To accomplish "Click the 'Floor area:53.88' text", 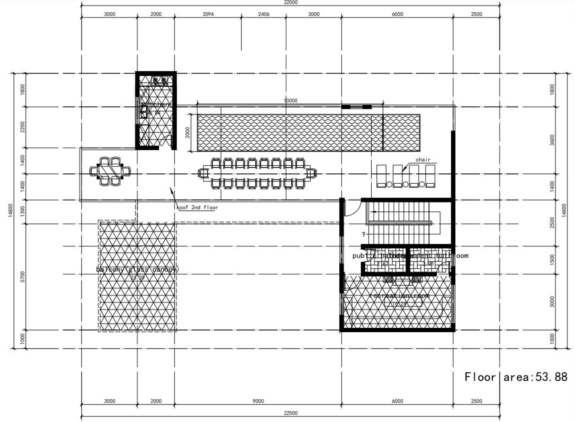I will pos(516,377).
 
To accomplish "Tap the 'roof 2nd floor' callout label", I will pos(197,207).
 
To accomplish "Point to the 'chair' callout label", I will pos(423,160).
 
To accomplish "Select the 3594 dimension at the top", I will pos(208,14).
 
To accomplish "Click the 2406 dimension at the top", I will pos(264,14).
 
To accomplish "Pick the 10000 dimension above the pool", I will pos(290,100).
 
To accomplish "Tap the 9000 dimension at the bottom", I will pos(258,401).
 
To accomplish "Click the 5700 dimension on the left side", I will pos(23,277).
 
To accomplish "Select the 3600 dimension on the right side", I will pos(552,140).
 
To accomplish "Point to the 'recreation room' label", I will pos(399,295).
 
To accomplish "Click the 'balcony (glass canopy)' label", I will pos(137,269).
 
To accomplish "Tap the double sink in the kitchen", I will pos(159,81).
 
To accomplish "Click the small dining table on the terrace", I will pos(110,171).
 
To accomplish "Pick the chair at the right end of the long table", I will pos(311,173).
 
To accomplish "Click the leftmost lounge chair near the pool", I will pos(381,176).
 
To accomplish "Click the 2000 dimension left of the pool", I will pos(188,132).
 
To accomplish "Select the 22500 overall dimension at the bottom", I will pos(291,413).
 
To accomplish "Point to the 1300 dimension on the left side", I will pos(23,212).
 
